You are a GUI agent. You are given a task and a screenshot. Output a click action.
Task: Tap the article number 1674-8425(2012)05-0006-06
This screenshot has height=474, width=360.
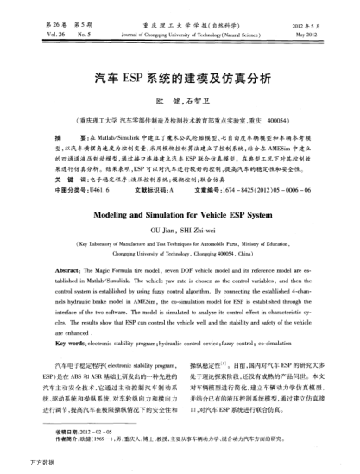(268, 186)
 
